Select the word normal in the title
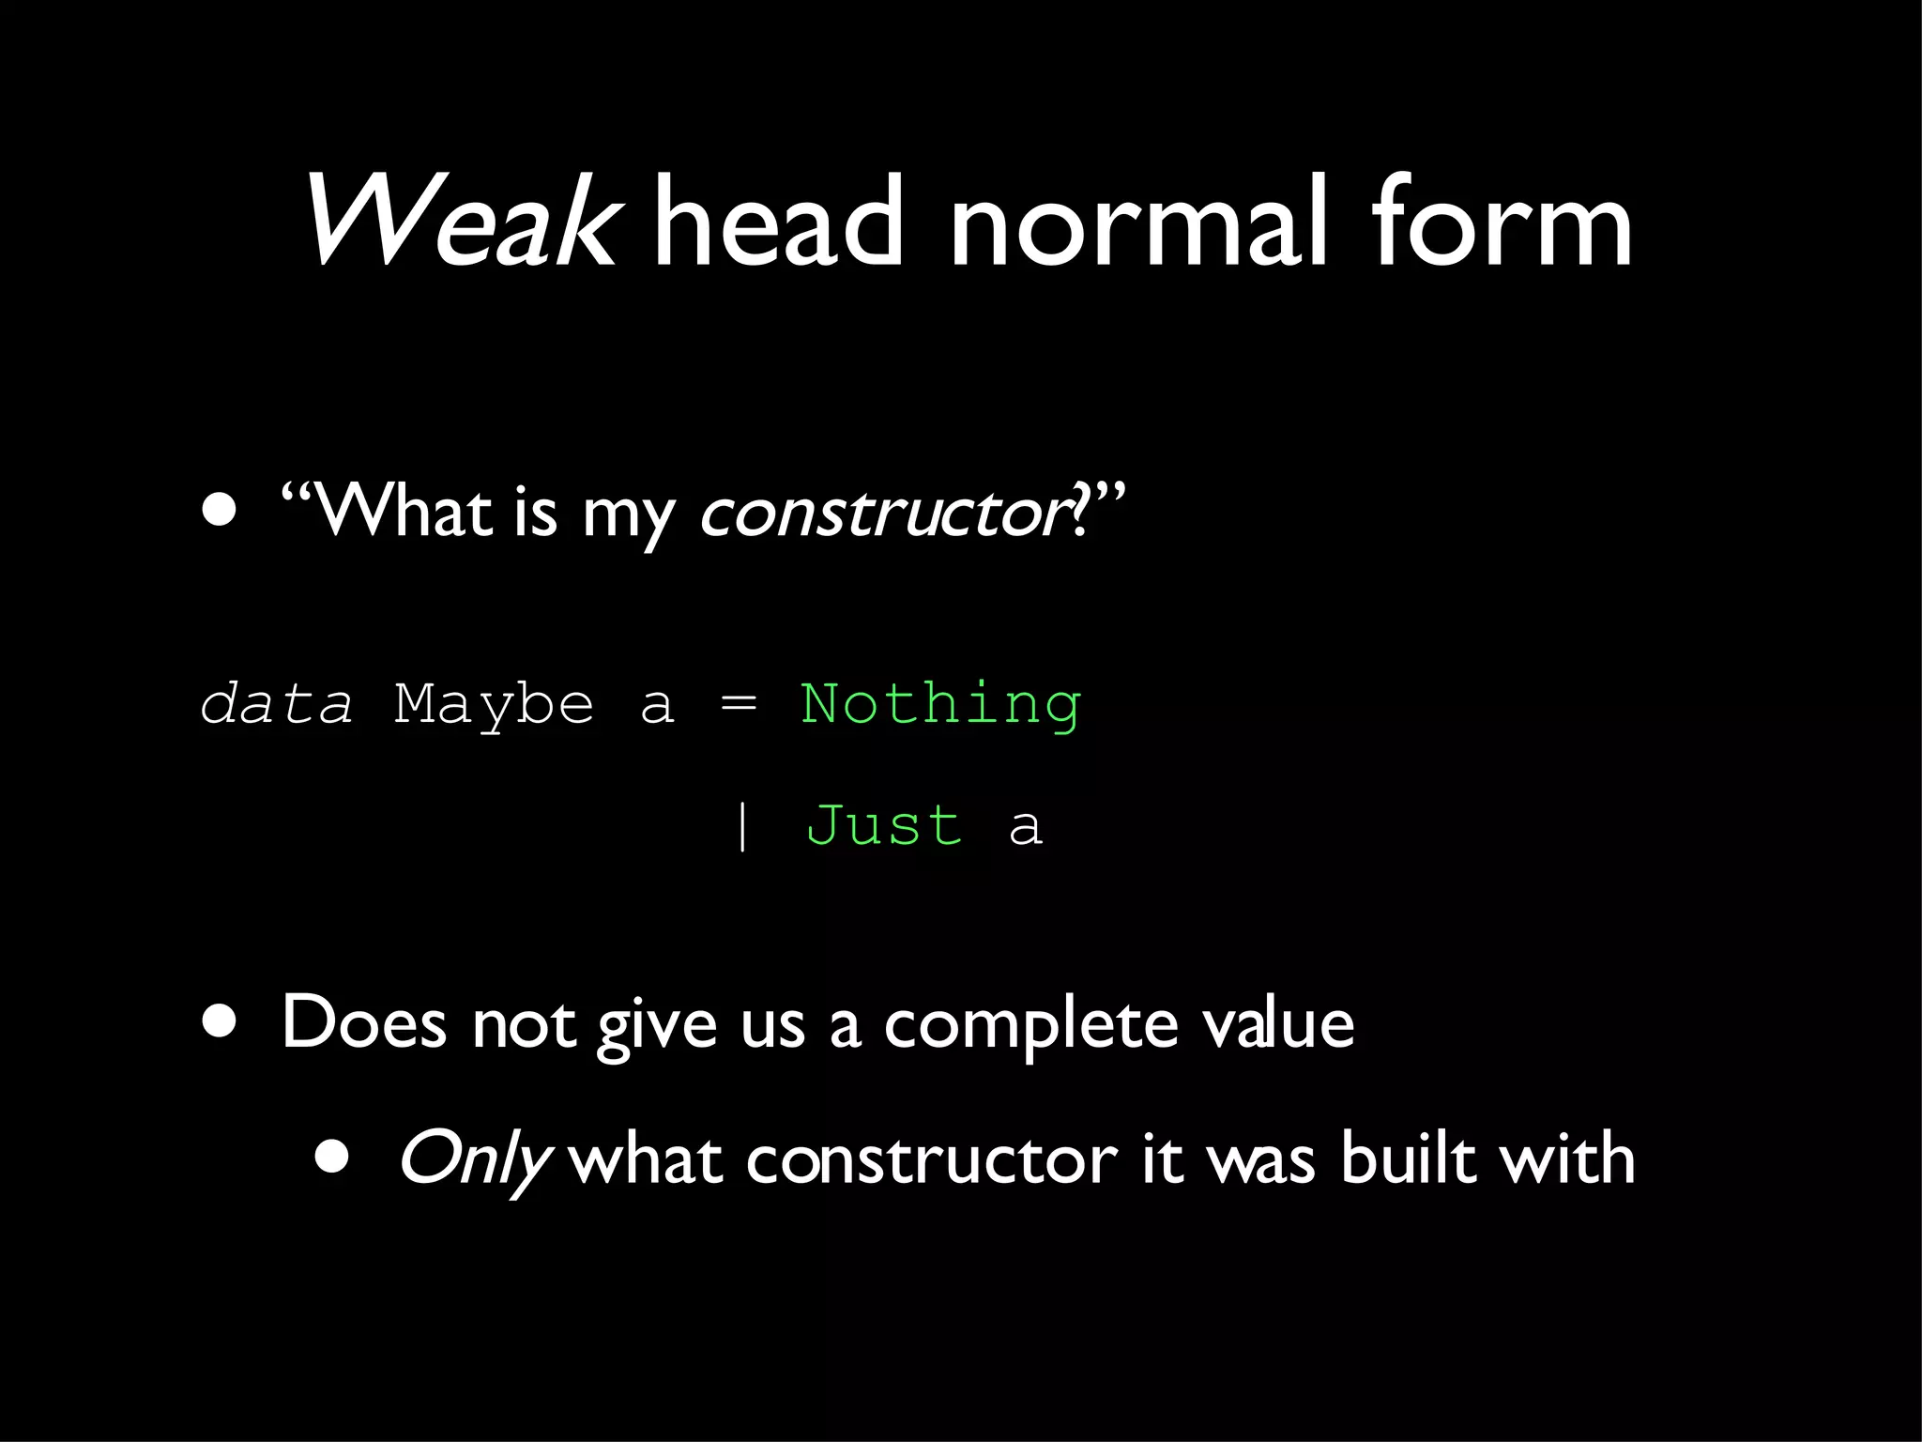pyautogui.click(x=1139, y=223)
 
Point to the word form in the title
pyautogui.click(x=1502, y=223)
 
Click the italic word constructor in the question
pyautogui.click(x=882, y=514)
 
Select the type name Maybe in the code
pyautogui.click(x=494, y=706)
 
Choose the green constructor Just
pyautogui.click(x=884, y=826)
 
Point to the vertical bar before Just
pyautogui.click(x=742, y=826)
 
